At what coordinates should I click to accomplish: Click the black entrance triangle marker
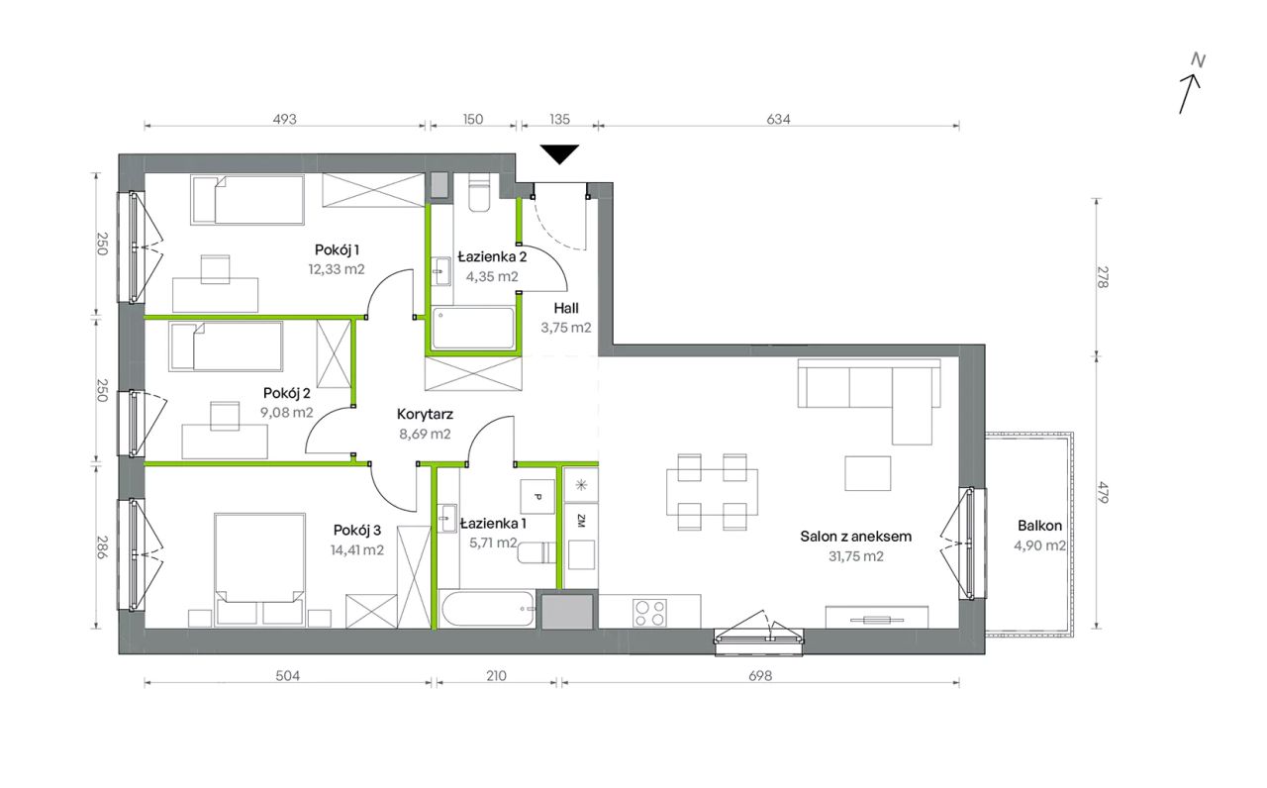click(x=559, y=153)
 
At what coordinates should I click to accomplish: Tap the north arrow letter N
click(x=1198, y=60)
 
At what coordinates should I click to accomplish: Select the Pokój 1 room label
click(x=338, y=249)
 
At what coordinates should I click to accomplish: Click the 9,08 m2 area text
click(x=287, y=413)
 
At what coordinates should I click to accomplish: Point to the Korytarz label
click(x=425, y=414)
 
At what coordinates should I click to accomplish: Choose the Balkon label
click(x=1039, y=526)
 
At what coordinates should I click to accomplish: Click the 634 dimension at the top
click(x=778, y=119)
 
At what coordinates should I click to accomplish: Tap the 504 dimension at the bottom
click(x=288, y=675)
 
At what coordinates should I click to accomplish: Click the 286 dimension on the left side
click(x=101, y=547)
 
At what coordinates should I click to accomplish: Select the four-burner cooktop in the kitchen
click(x=649, y=613)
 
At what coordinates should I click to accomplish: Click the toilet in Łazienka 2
click(x=479, y=192)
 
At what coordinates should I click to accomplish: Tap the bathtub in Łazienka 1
click(x=486, y=609)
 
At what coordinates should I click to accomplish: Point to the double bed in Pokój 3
click(x=259, y=569)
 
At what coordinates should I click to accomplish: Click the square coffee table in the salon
click(x=868, y=473)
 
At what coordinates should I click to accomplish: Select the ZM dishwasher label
click(x=581, y=521)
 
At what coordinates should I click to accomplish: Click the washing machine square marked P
click(x=536, y=497)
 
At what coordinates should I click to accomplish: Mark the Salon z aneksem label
click(x=856, y=537)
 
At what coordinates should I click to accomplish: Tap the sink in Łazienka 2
click(x=441, y=271)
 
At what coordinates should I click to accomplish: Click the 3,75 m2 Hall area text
click(x=565, y=328)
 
